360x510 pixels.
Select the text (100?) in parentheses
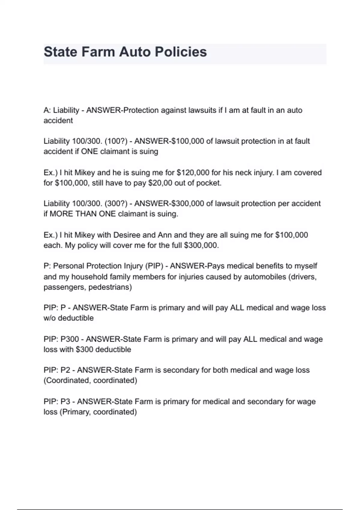point(116,141)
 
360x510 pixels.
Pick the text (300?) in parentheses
point(116,203)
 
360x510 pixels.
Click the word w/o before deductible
point(49,318)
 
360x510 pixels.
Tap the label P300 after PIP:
point(70,339)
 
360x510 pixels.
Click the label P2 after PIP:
point(65,370)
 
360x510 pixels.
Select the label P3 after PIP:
point(65,401)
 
